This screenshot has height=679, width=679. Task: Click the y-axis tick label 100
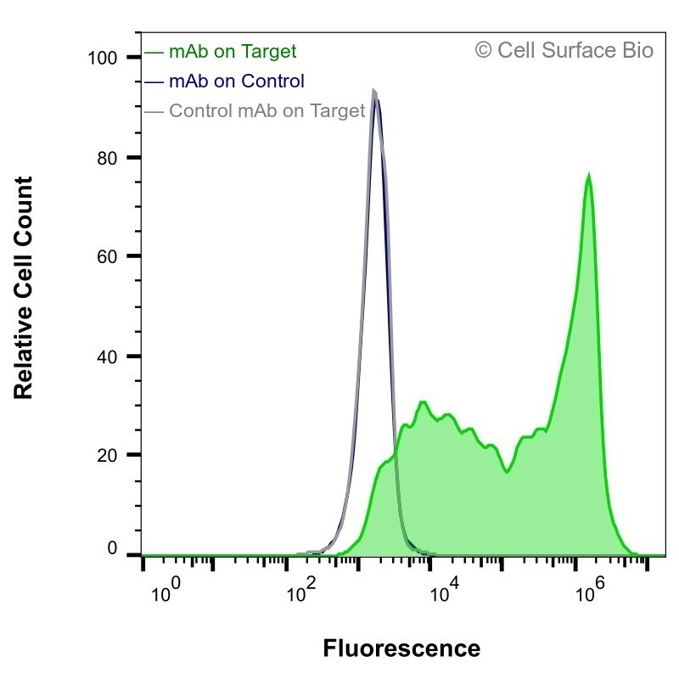[x=102, y=58]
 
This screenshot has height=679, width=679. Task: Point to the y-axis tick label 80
[x=107, y=159]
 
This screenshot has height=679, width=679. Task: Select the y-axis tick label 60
[x=107, y=257]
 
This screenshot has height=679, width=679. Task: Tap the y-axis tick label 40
[x=107, y=357]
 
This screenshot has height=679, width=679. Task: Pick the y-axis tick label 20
[x=107, y=456]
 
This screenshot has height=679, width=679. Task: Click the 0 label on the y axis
[x=112, y=548]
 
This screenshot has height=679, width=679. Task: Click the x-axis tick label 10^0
[x=166, y=590]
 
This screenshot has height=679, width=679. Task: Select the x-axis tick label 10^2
[x=301, y=590]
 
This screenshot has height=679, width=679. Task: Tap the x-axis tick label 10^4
[x=444, y=590]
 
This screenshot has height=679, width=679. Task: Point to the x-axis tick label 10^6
[x=590, y=590]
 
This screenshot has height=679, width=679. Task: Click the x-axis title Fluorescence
[x=401, y=648]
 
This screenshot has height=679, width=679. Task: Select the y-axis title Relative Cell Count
[x=24, y=288]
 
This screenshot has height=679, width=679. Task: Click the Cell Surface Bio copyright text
[x=564, y=50]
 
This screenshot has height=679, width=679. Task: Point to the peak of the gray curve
[x=374, y=91]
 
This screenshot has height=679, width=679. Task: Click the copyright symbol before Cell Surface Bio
[x=483, y=50]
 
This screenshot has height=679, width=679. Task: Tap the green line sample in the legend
[x=154, y=53]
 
